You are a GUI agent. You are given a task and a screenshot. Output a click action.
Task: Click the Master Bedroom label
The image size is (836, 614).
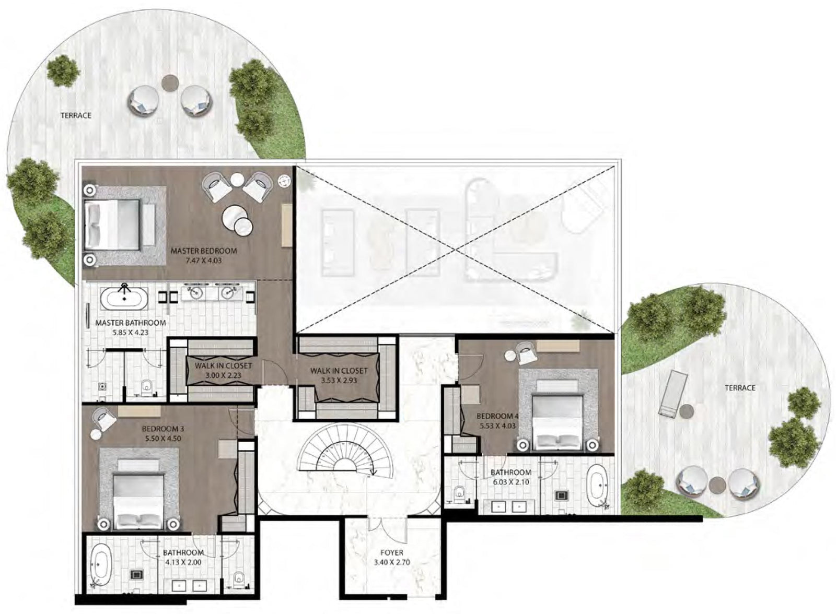[x=204, y=251]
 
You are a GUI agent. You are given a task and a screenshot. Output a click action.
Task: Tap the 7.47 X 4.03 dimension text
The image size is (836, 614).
[x=204, y=261]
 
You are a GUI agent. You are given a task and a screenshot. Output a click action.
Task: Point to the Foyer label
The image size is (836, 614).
[x=392, y=552]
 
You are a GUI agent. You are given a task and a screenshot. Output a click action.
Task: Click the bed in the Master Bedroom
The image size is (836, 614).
[x=112, y=225]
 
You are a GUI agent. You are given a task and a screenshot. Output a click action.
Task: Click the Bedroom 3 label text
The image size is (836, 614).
[x=162, y=429]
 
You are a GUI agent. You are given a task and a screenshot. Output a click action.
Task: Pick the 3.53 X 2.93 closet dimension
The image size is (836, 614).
[x=339, y=381]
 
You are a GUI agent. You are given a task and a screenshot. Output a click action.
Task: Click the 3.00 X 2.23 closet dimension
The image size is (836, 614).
[x=223, y=375]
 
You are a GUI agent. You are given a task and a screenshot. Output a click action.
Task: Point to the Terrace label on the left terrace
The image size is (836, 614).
[x=76, y=115]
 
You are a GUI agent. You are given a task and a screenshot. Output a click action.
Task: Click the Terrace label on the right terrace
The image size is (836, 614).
[x=740, y=388]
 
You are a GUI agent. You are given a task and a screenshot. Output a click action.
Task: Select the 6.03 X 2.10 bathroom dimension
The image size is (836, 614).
[x=510, y=482]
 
